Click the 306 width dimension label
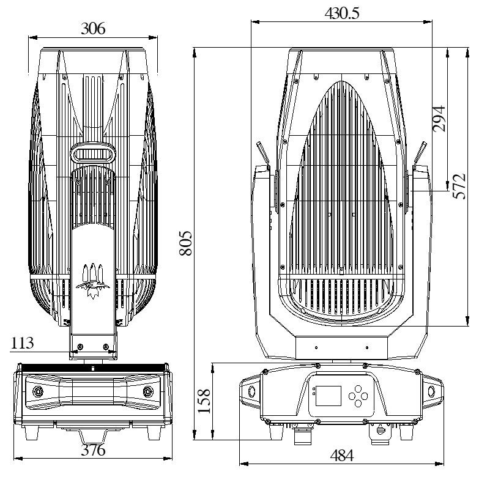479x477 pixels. pos(93,28)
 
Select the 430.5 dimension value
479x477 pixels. pos(342,13)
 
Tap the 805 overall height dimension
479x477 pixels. pos(186,243)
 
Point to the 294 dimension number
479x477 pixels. pos(439,119)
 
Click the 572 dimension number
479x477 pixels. pos(459,187)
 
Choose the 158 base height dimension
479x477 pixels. pos(204,401)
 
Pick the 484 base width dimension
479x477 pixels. pos(342,456)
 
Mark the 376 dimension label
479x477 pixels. pos(93,450)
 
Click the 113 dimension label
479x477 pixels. pos(22,343)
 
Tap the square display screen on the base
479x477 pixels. pos(328,396)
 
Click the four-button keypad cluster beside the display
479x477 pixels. pos(358,396)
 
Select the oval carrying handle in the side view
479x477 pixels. pos(93,153)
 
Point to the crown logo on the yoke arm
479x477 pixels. pos(93,281)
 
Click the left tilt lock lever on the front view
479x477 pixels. pos(263,155)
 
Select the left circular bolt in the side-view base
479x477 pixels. pos(39,391)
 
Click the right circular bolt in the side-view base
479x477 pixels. pos(148,391)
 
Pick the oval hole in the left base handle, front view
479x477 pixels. pos(251,391)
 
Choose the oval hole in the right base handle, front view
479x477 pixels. pos(431,391)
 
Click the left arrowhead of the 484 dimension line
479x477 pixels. pos(243,464)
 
